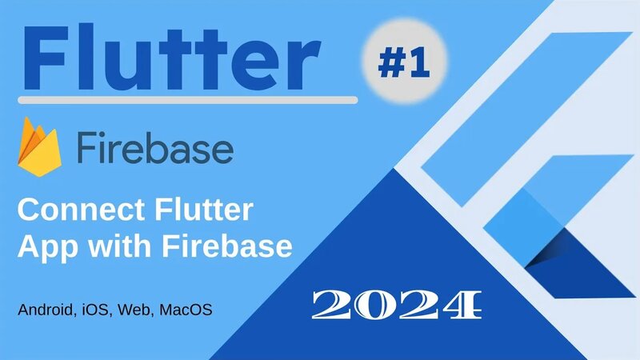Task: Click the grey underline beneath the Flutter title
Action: pyautogui.click(x=188, y=101)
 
